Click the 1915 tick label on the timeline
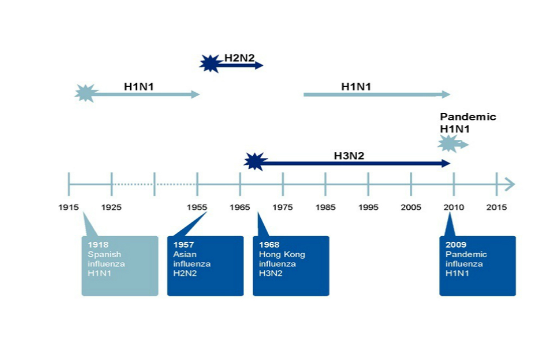[x=69, y=208]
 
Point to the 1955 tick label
[x=197, y=208]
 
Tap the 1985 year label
[x=325, y=208]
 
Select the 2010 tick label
[x=454, y=208]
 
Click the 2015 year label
[x=497, y=208]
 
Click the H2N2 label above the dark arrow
[x=240, y=57]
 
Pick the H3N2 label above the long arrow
[x=349, y=155]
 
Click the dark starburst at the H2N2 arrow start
[x=210, y=64]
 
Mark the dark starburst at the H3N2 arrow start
[x=255, y=161]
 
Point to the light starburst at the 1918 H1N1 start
[x=86, y=93]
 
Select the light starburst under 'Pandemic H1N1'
[x=448, y=144]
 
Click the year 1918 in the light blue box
[x=98, y=245]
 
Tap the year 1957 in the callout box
[x=183, y=245]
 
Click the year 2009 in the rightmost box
[x=456, y=245]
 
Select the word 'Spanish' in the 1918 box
[x=104, y=255]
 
